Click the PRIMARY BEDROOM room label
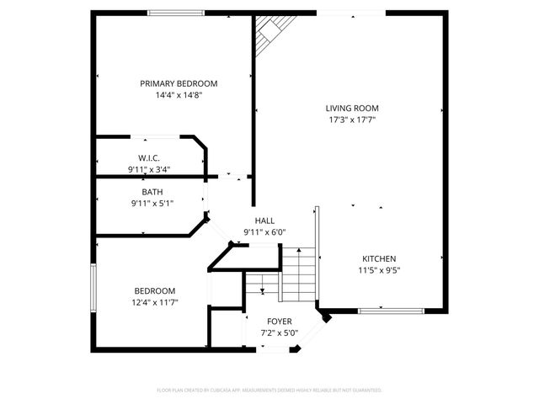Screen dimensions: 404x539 point(179,83)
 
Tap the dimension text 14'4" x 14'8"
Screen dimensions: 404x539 point(179,95)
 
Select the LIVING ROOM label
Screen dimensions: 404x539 point(352,108)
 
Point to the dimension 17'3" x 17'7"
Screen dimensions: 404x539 point(352,120)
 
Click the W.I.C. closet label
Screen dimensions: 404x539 point(149,158)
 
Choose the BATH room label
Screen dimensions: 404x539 point(152,192)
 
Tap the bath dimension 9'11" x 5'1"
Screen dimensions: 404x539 point(152,203)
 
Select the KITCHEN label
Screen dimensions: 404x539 point(379,258)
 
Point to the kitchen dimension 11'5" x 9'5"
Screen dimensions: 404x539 point(379,270)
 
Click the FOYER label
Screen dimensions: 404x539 point(280,322)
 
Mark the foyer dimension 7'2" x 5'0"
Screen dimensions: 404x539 point(280,332)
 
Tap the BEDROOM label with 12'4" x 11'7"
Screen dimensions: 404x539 point(153,290)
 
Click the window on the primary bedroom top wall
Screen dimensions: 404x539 point(175,13)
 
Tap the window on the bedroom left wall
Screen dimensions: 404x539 point(93,289)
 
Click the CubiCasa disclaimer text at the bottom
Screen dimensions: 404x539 point(269,391)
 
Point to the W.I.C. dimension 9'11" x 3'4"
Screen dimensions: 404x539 point(149,169)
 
